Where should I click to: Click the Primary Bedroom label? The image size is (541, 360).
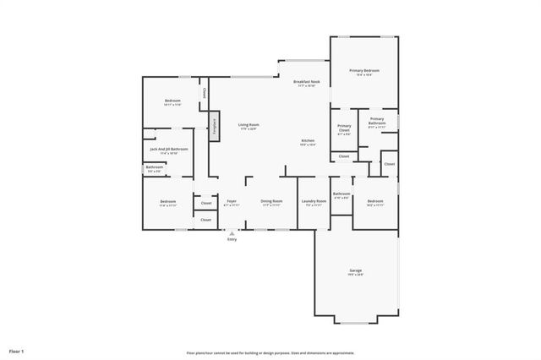tap(364, 71)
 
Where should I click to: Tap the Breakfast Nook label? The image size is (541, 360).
tap(304, 82)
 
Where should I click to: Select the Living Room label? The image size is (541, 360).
tap(248, 125)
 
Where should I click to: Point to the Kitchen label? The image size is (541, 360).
tap(308, 140)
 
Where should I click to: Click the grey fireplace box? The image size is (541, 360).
tap(215, 126)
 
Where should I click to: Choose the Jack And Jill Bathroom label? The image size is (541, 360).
tap(168, 149)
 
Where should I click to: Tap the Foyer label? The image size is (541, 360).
tap(231, 201)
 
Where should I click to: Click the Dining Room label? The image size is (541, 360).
tap(270, 201)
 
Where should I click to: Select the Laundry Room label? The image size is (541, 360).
tap(313, 201)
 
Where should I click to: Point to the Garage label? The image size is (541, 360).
tap(355, 271)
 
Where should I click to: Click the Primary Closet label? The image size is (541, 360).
tap(344, 127)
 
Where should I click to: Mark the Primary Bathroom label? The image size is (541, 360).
tap(376, 121)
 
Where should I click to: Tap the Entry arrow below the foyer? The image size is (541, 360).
tap(232, 232)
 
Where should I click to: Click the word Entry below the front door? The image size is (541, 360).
tap(232, 239)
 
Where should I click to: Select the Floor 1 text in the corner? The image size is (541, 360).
tap(17, 350)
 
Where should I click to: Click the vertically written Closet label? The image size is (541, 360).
tap(203, 94)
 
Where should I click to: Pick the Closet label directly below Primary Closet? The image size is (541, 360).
tap(344, 156)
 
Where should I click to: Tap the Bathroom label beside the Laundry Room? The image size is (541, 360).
tap(342, 194)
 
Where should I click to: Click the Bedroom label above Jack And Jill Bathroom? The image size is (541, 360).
tap(172, 101)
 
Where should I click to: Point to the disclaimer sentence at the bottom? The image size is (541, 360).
tap(270, 352)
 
